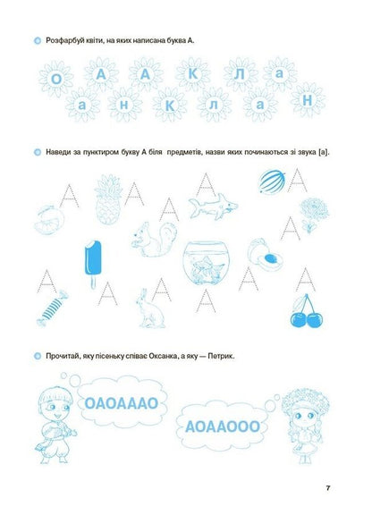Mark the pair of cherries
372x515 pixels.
coord(307,308)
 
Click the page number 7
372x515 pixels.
coord(328,487)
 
